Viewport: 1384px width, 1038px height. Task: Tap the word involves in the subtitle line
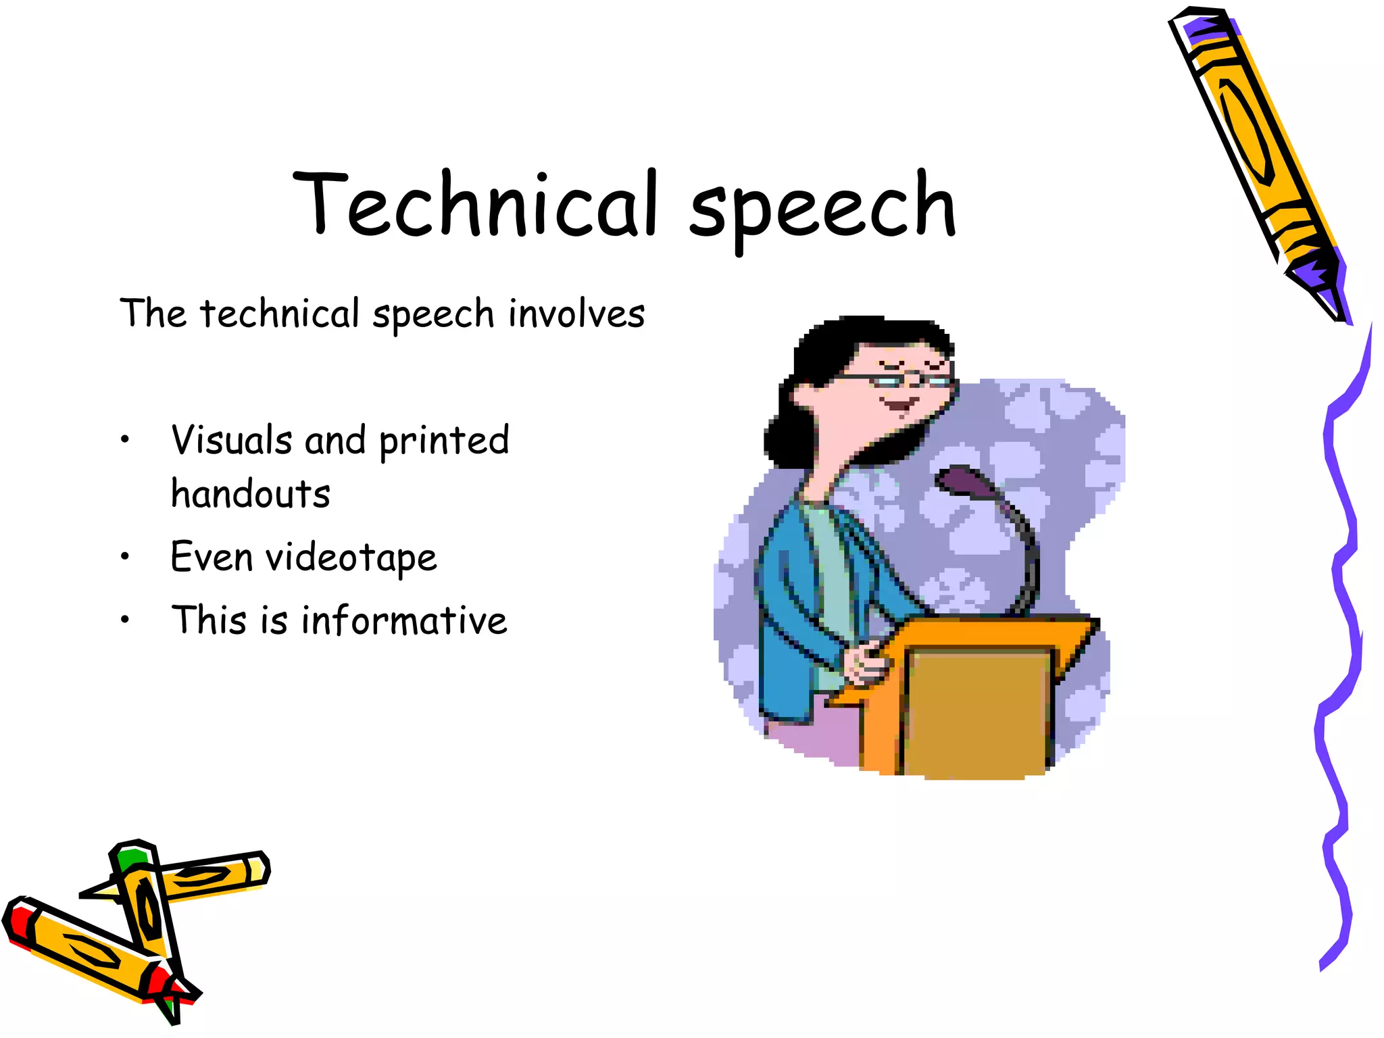click(576, 314)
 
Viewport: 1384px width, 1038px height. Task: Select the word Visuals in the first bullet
click(231, 440)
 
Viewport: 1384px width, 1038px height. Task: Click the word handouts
click(250, 494)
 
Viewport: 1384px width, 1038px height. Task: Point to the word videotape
click(351, 558)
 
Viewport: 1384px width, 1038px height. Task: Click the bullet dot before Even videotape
click(124, 557)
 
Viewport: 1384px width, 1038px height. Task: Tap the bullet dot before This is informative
click(124, 619)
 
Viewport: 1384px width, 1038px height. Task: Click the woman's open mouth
click(899, 405)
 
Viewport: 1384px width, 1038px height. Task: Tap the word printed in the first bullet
click(444, 441)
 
